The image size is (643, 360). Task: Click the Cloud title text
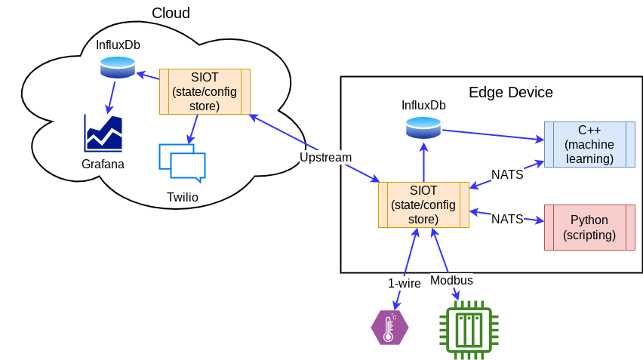[x=171, y=13]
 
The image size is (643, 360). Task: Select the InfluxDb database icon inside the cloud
[x=118, y=68]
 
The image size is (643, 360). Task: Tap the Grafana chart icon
[x=103, y=134]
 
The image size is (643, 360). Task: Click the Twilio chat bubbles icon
[x=182, y=162]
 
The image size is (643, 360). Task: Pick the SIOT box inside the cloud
[x=205, y=91]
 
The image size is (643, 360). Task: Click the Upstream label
[x=325, y=157]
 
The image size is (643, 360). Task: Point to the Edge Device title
[x=511, y=92]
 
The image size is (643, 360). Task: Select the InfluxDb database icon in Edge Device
[x=423, y=128]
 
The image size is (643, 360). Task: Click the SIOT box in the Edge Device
[x=423, y=205]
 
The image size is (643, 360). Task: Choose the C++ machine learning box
[x=589, y=144]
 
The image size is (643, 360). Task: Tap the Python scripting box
[x=589, y=227]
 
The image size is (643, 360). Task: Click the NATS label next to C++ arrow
[x=507, y=174]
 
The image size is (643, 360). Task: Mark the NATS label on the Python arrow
[x=507, y=219]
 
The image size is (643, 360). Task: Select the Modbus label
[x=451, y=280]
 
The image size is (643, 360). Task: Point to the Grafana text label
[x=103, y=164]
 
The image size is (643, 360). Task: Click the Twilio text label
[x=183, y=197]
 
